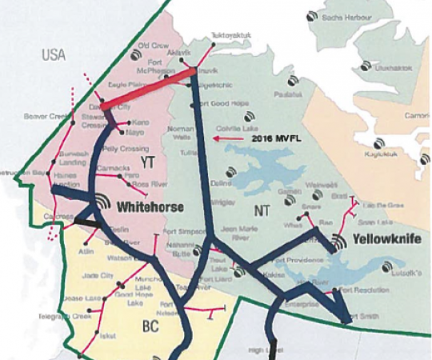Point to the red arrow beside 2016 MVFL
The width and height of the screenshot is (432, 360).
pos(229,138)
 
